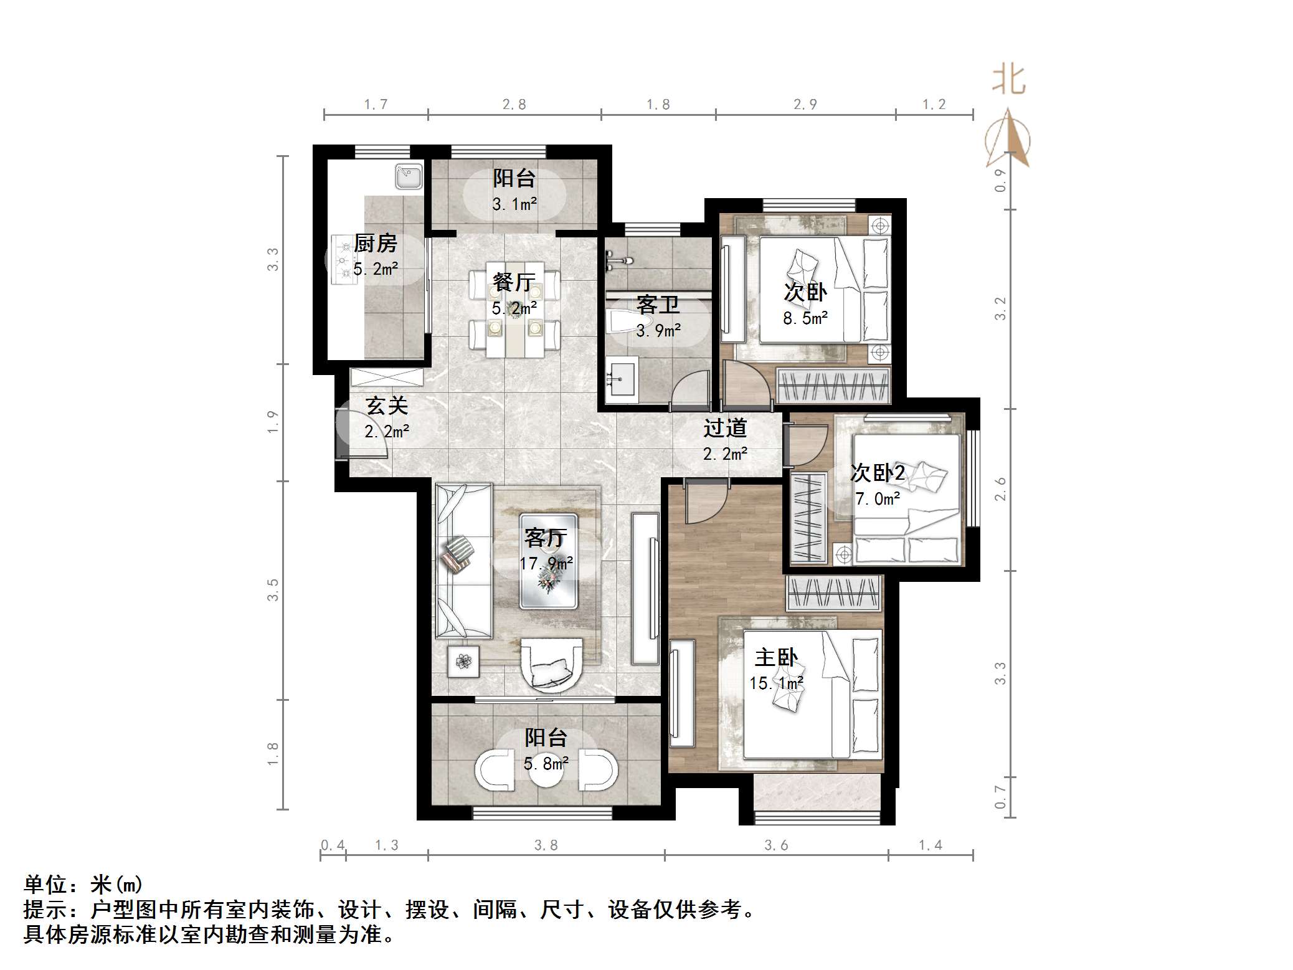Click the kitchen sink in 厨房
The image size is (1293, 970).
pyautogui.click(x=409, y=176)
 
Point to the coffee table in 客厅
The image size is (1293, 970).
pyautogui.click(x=549, y=561)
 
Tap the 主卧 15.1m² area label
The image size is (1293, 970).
pyautogui.click(x=775, y=670)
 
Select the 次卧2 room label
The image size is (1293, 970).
pyautogui.click(x=877, y=473)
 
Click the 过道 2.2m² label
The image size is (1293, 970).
pyautogui.click(x=725, y=440)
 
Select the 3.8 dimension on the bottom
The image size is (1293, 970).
pyautogui.click(x=546, y=845)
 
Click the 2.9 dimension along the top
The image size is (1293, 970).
pyautogui.click(x=805, y=105)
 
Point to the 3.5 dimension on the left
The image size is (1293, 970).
pyautogui.click(x=273, y=589)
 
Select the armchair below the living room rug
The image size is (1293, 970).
pyautogui.click(x=552, y=664)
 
